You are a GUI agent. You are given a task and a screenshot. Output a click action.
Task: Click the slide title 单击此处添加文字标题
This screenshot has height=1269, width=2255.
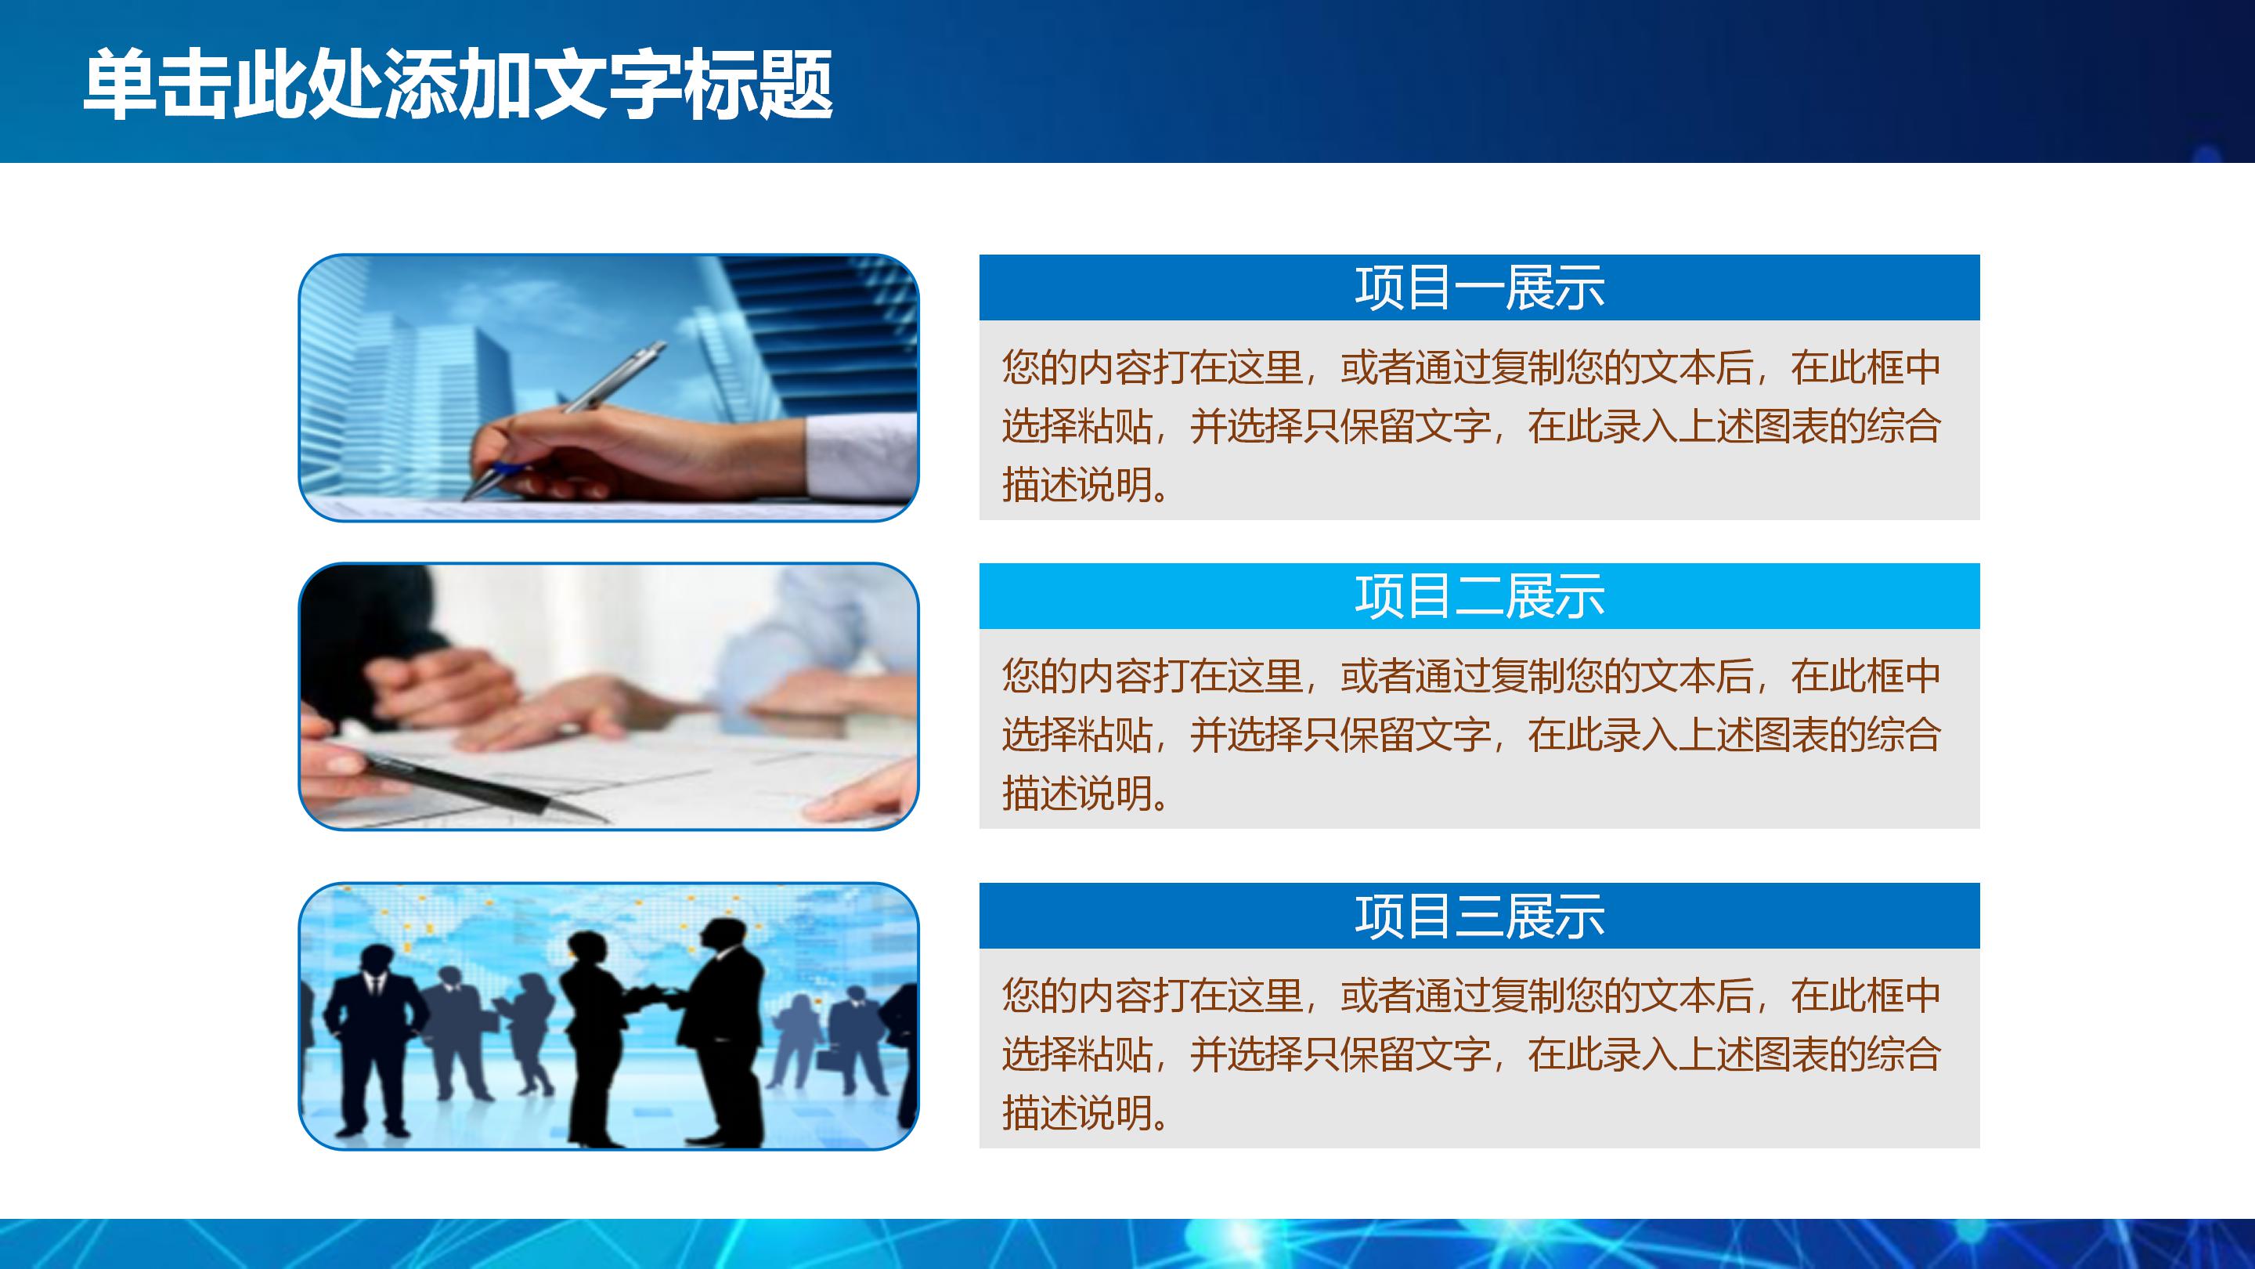pyautogui.click(x=457, y=85)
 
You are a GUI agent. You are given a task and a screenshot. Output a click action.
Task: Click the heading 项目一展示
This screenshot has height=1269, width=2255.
pyautogui.click(x=1478, y=287)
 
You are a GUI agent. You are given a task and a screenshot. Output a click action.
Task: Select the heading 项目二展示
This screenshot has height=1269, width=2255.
pyautogui.click(x=1478, y=596)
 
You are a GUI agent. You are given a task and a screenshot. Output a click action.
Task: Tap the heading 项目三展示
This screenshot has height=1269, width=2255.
pyautogui.click(x=1478, y=916)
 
